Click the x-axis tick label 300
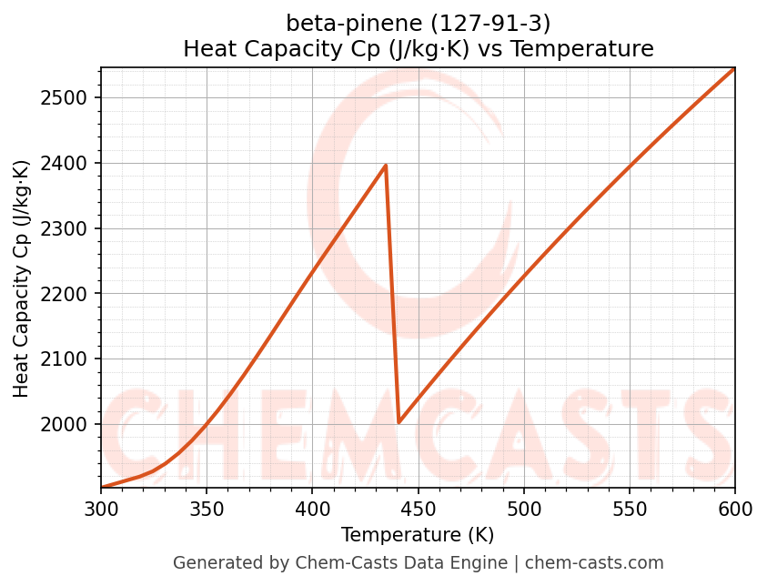click(101, 509)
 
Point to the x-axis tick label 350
click(207, 509)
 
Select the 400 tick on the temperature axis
click(312, 509)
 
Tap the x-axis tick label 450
click(418, 509)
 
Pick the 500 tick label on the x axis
click(524, 509)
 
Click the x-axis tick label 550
click(630, 509)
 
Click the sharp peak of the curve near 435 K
click(386, 166)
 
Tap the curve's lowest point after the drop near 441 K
click(399, 422)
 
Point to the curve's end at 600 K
click(734, 68)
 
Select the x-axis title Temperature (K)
click(418, 535)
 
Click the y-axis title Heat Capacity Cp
click(22, 278)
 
